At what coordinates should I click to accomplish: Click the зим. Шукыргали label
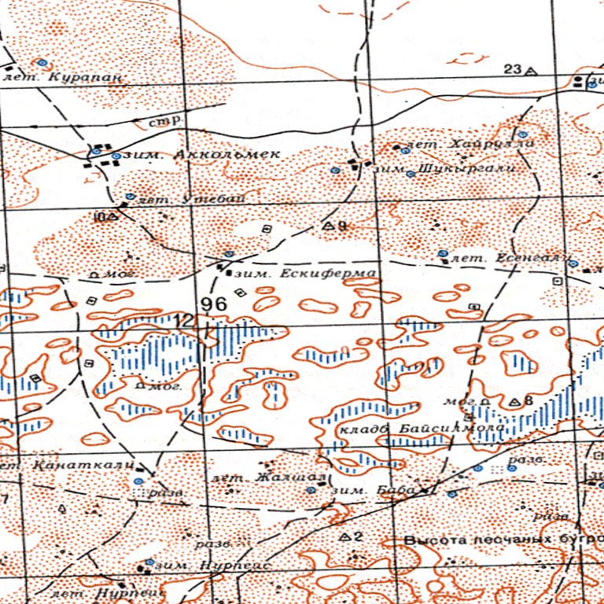[444, 169]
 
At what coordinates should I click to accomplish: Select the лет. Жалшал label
[264, 477]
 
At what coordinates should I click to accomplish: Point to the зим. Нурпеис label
[212, 565]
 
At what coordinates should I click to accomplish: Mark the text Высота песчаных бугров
[503, 541]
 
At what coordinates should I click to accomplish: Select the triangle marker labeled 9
[329, 226]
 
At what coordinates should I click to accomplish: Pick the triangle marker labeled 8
[514, 402]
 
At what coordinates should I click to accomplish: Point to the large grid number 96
[214, 304]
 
